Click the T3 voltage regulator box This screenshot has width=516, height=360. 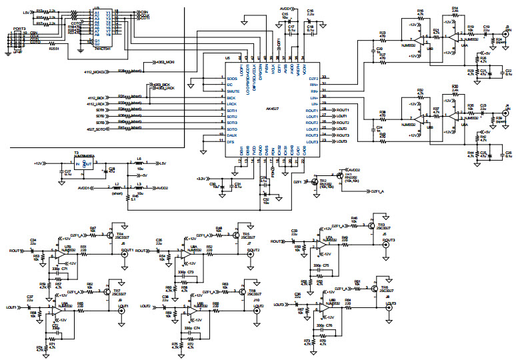[83, 163]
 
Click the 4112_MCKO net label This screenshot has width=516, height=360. [96, 71]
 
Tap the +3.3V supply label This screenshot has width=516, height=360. [201, 179]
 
